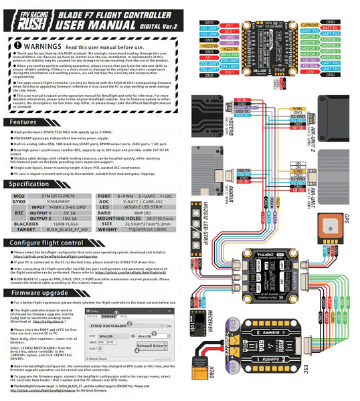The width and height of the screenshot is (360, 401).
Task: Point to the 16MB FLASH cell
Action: click(60, 225)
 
